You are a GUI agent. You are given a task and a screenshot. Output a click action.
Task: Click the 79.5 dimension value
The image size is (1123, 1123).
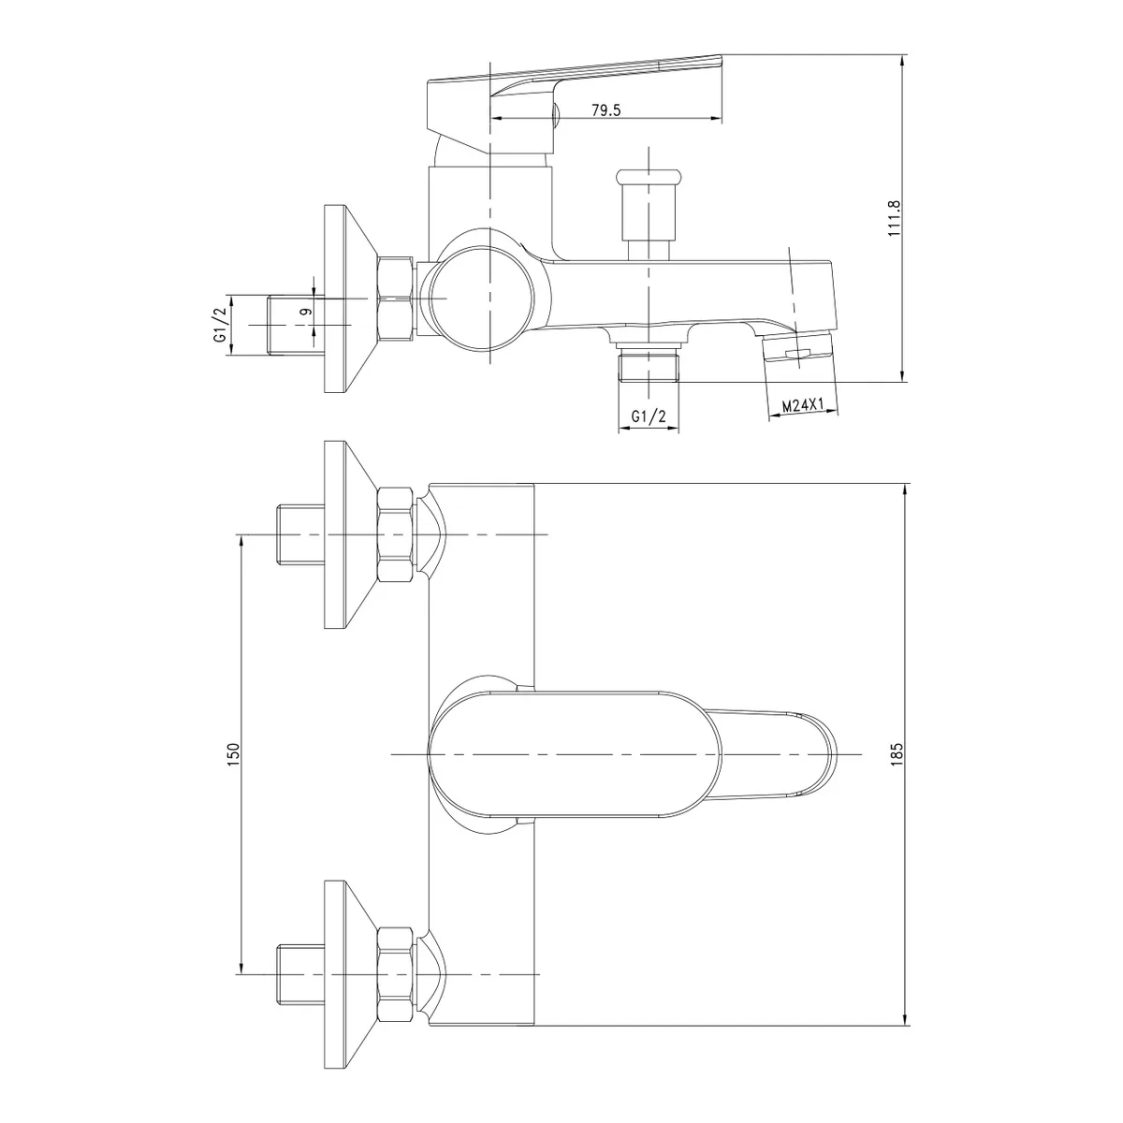[606, 109]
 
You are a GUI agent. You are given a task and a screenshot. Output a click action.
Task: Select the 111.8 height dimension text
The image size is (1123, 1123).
[894, 219]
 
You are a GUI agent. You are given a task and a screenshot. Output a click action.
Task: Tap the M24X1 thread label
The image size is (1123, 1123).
[801, 405]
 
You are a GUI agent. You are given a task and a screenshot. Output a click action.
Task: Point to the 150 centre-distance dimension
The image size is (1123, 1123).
[233, 754]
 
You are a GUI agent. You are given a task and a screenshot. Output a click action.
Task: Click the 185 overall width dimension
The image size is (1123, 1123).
[897, 753]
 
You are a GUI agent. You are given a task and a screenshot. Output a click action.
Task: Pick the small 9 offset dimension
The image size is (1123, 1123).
[306, 312]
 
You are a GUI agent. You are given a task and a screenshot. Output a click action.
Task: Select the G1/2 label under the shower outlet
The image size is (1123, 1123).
[648, 416]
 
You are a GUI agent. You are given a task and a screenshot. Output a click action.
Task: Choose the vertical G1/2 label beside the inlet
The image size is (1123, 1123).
[220, 325]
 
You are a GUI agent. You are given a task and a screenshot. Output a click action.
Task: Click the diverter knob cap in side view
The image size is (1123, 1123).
[648, 175]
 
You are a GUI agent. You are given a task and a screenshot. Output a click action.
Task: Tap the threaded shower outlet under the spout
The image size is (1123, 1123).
[649, 364]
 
